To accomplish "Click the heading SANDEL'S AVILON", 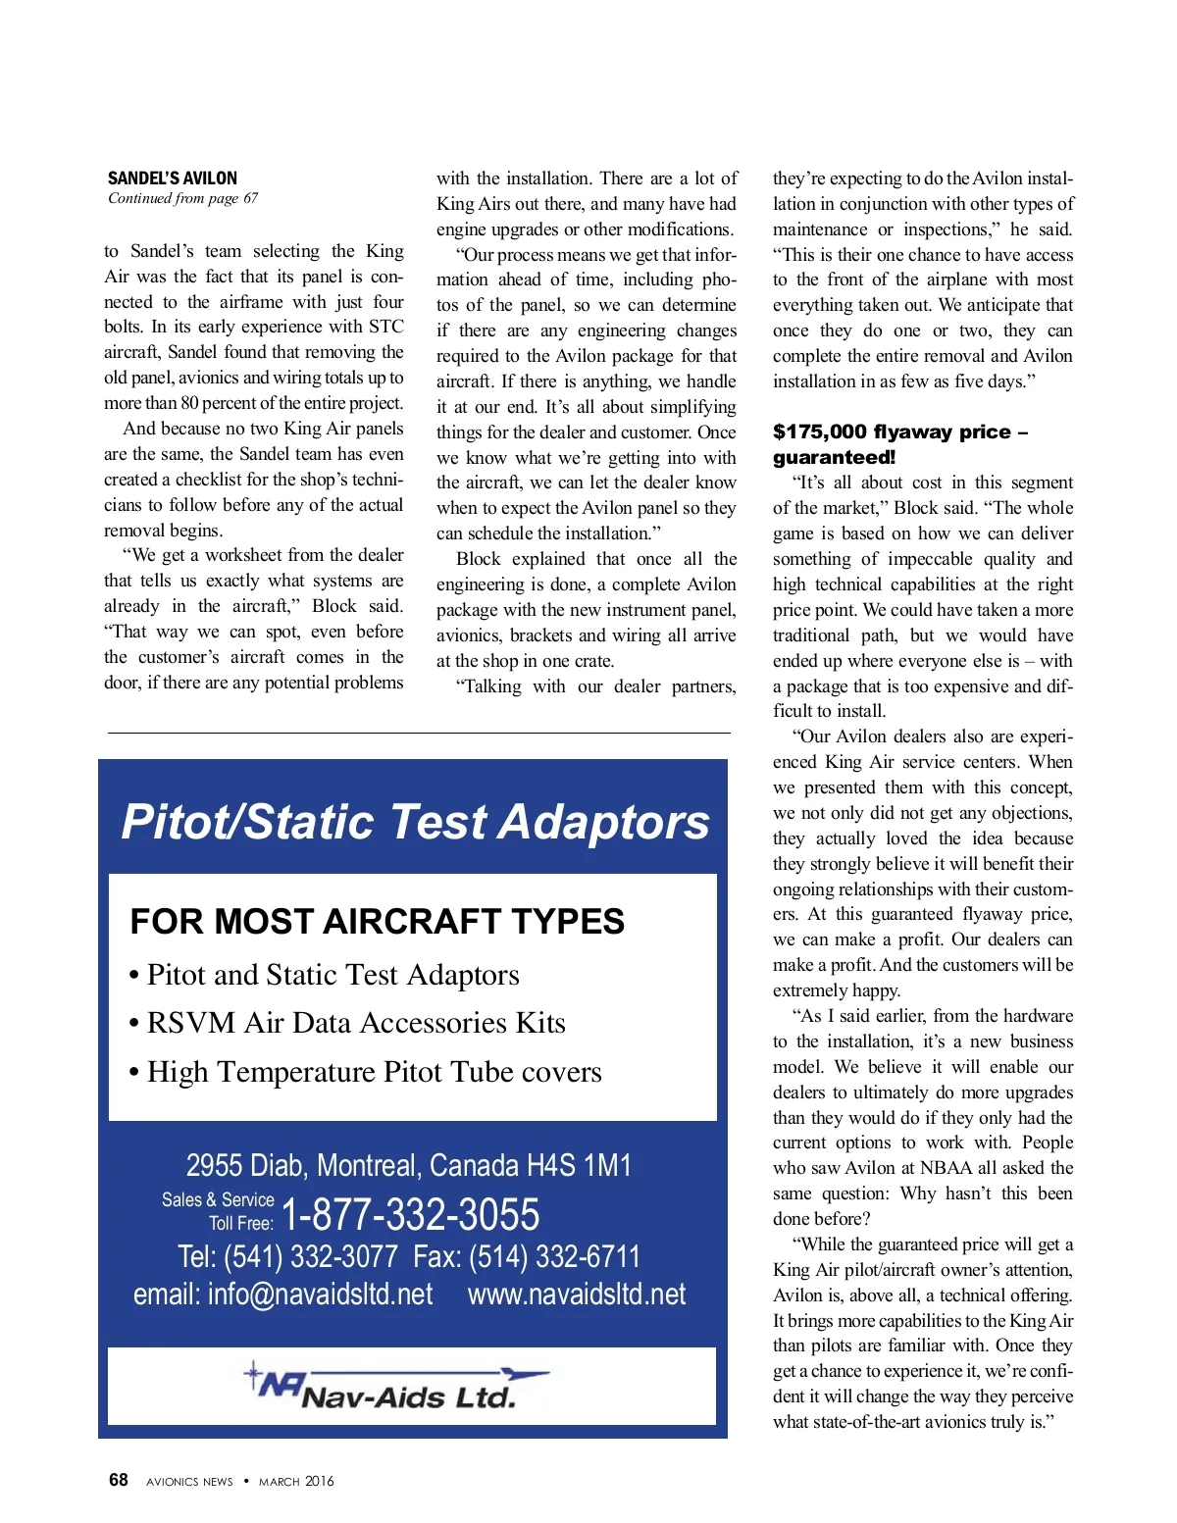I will (173, 178).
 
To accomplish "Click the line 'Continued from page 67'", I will (183, 198).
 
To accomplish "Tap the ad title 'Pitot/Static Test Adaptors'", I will (415, 822).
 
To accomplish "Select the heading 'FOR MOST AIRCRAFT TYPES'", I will (378, 922).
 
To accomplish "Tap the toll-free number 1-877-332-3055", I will (410, 1214).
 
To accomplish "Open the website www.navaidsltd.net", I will (577, 1295).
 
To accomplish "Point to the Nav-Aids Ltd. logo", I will (397, 1387).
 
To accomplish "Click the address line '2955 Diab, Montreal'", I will (408, 1165).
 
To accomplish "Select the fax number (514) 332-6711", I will (555, 1256).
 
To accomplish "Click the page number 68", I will (119, 1480).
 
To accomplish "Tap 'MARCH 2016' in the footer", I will (296, 1482).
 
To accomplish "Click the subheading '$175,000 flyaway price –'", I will (899, 432).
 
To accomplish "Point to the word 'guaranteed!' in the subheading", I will (834, 458).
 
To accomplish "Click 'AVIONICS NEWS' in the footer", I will (189, 1482).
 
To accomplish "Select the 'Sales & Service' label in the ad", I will (218, 1199).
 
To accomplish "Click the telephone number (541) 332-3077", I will (311, 1256).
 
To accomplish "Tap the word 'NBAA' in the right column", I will (947, 1168).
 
